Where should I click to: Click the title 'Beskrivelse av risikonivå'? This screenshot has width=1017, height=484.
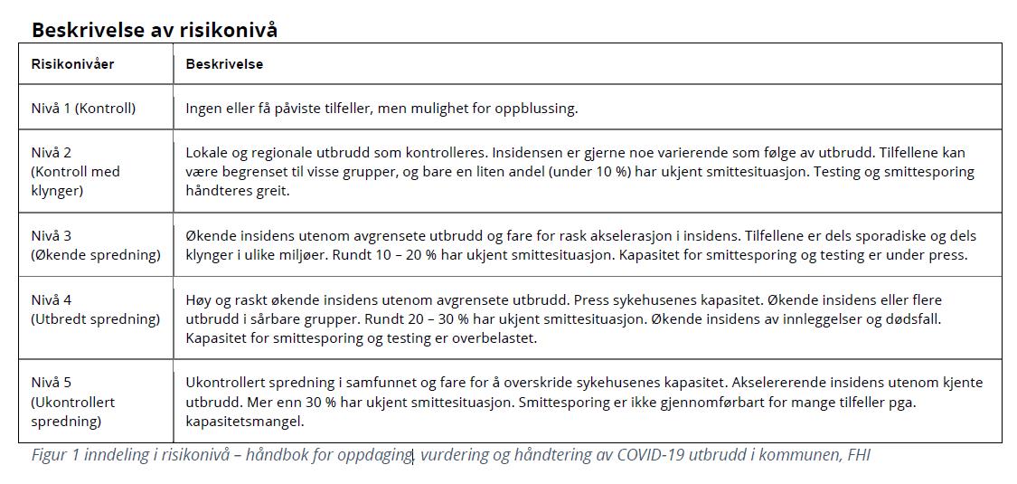154,30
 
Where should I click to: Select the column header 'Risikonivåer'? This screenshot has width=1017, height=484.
73,64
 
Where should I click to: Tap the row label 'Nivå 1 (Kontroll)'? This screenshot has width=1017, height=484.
83,108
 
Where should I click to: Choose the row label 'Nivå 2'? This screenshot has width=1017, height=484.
52,152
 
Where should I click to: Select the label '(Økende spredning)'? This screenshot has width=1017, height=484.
96,254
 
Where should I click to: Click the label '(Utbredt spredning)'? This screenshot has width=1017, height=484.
96,318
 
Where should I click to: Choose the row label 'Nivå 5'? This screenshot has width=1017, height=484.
52,383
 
